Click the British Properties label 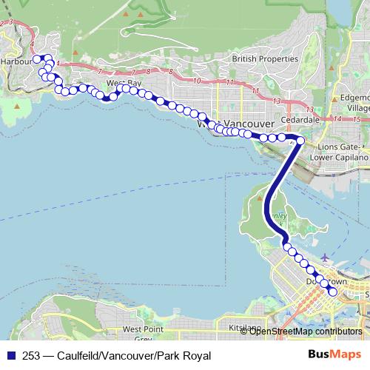pos(264,58)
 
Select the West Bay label pos(124,84)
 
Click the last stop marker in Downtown pos(332,292)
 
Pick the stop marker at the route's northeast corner pos(300,139)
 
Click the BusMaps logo pos(334,355)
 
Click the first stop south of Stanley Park pos(287,247)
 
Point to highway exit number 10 pos(197,80)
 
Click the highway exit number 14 pos(337,118)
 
